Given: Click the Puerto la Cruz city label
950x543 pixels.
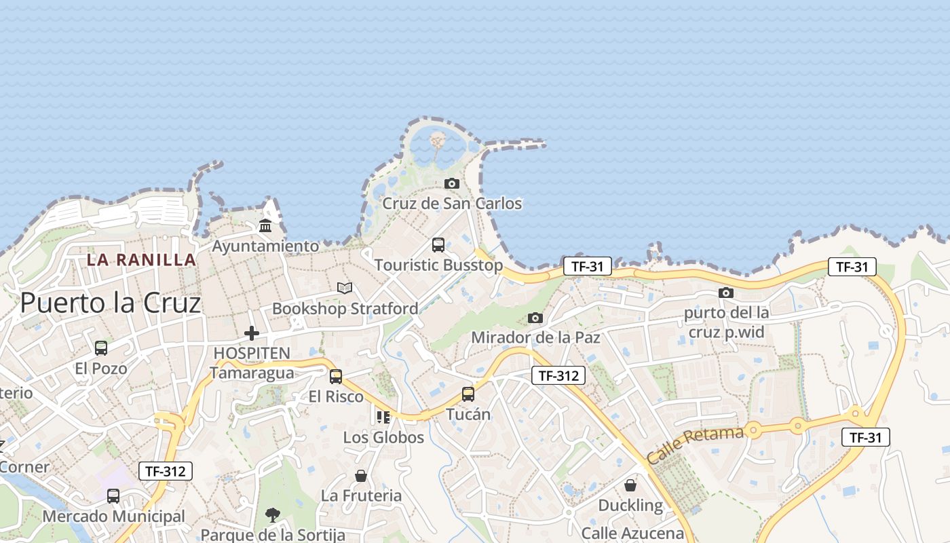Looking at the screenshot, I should pos(111,303).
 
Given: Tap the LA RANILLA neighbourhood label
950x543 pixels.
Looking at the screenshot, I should pos(141,259).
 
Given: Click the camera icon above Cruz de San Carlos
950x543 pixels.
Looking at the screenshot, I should pos(451,183).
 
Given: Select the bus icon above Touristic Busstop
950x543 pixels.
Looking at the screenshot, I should pos(438,244).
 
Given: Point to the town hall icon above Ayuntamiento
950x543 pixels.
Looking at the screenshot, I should pos(265,225).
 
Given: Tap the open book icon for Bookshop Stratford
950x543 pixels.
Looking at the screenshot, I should pos(345,288).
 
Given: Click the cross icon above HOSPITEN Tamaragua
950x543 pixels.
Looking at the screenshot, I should pos(252,333).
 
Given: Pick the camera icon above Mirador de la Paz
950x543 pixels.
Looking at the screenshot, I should pos(535,318).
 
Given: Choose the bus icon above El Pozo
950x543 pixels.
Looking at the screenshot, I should pos(101,348).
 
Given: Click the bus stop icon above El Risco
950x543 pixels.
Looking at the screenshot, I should pos(336,377).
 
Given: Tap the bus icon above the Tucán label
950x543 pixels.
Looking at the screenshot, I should pos(468,394).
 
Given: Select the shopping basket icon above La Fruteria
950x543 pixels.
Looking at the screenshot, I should pos(361,476).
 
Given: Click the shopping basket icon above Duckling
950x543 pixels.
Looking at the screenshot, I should pos(630,485).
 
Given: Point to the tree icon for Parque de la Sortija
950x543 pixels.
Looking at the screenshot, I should pos(273,514).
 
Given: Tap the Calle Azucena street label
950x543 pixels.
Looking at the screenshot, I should pos(632,533).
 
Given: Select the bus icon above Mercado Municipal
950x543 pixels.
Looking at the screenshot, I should pos(113,496).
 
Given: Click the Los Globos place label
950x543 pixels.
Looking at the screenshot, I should pos(383,437).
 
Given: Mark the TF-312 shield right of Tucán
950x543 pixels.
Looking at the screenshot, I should pos(558,375).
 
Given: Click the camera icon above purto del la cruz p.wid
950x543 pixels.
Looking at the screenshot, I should pos(726,293).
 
